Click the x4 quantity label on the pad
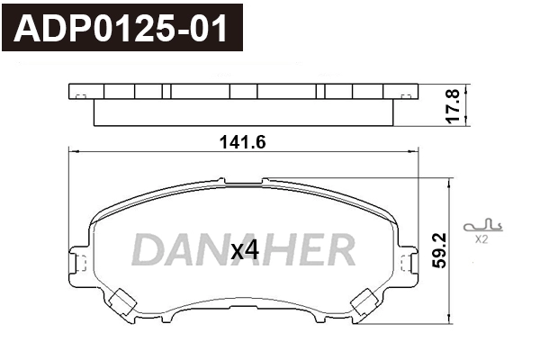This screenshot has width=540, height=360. point(244,251)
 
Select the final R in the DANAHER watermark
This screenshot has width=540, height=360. point(339,248)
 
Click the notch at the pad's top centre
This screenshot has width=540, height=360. point(244,183)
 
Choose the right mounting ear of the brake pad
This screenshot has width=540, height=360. point(409,263)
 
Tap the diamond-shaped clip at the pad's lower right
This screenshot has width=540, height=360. point(365,302)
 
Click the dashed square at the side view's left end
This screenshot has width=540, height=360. point(78,97)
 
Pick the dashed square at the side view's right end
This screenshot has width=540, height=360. point(410,97)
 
